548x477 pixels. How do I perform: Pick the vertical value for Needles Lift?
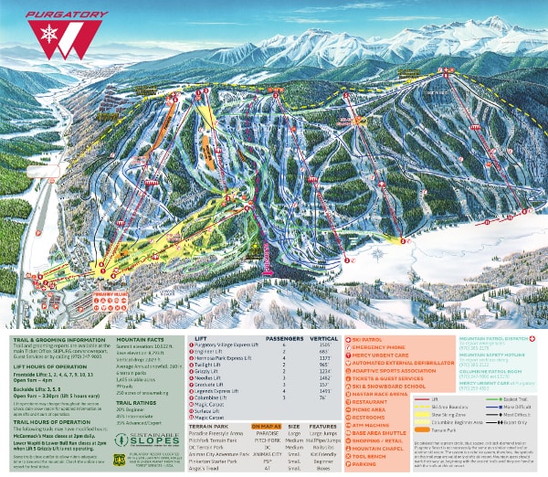pos(326,379)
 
